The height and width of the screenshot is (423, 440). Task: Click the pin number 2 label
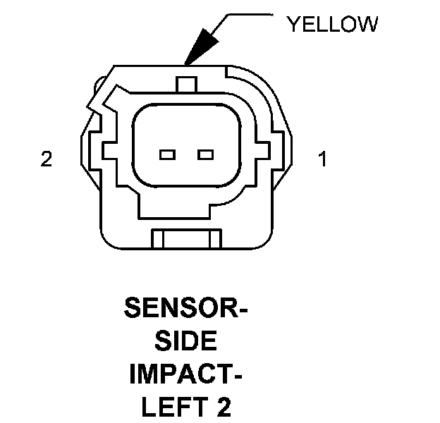click(x=47, y=160)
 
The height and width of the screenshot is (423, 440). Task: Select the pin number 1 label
click(x=323, y=160)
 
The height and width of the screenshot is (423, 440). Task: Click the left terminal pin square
click(x=167, y=154)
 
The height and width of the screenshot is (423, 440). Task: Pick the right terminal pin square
click(x=205, y=154)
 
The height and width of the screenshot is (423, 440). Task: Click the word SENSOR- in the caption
click(x=186, y=308)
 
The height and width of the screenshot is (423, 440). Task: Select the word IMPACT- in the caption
click(x=186, y=374)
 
